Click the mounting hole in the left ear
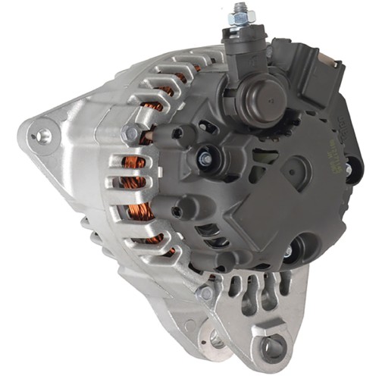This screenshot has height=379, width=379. [44, 136]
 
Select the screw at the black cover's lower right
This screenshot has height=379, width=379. [289, 251]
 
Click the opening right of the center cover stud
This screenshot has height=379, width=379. [227, 162]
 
